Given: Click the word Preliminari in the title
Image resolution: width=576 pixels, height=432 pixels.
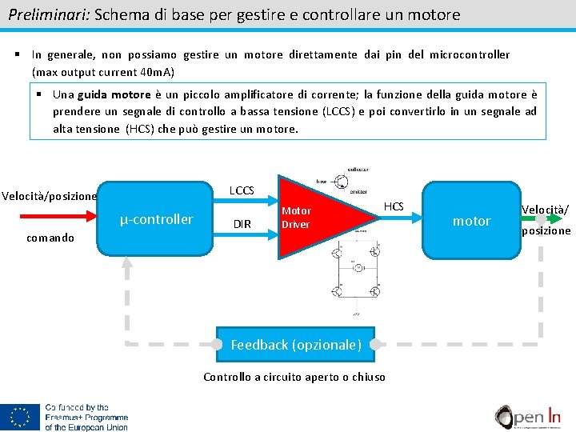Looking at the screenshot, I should coord(48,14).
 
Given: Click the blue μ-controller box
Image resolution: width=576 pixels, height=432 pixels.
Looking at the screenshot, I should coord(157,219).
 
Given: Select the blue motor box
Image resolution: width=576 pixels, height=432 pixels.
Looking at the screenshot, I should coord(471,220).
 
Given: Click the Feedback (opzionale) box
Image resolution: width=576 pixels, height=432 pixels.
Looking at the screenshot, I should coord(296,345).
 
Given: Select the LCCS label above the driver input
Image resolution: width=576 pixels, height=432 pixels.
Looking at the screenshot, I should coord(242,190).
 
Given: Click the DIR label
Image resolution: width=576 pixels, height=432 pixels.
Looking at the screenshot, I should coord(242,225).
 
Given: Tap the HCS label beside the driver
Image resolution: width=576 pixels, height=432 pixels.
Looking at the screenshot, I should coord(394,207).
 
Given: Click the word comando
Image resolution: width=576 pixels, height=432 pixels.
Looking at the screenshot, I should coord(50,238).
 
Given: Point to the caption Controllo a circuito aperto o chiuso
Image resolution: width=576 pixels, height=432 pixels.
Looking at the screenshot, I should coord(294,377).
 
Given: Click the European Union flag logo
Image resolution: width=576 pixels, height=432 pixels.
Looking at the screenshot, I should coord(20,417).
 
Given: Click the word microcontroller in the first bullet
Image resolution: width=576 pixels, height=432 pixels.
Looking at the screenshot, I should coord(470,54).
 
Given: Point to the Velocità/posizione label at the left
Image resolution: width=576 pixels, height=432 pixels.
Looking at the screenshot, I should coord(49,196).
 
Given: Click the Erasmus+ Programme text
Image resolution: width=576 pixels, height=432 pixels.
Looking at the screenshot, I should coord(86,417).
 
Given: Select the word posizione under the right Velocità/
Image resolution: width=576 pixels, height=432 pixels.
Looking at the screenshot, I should coord(546,230).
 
